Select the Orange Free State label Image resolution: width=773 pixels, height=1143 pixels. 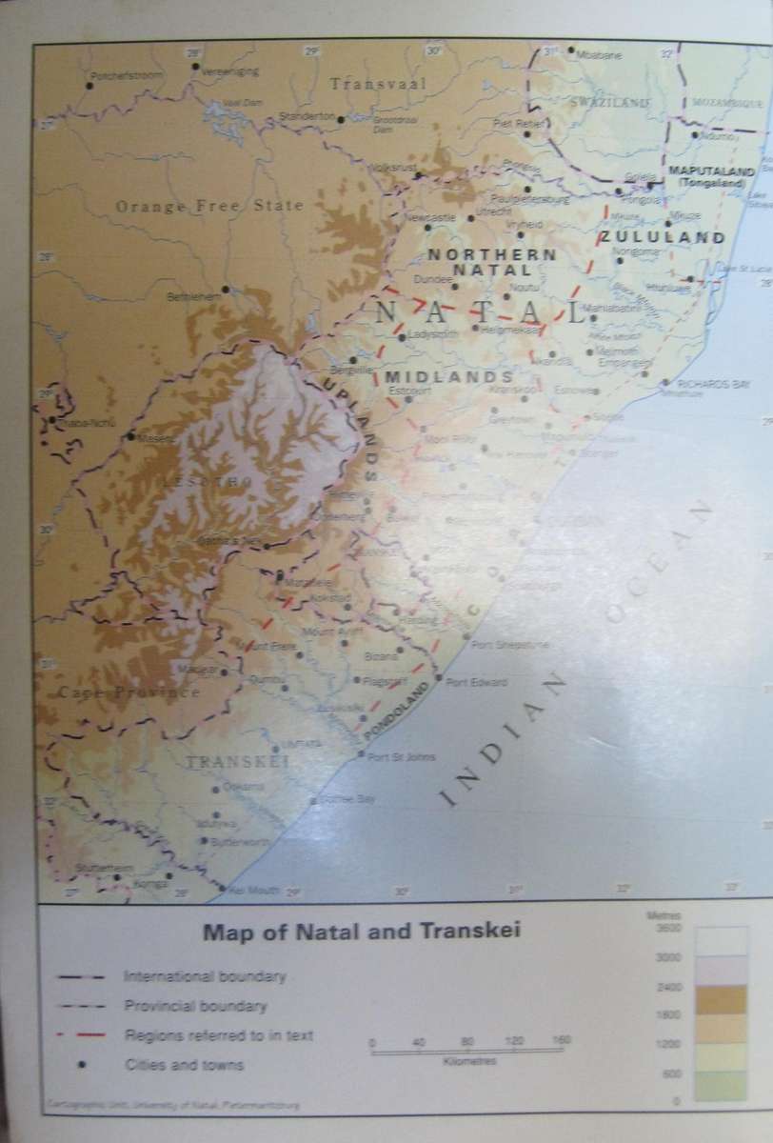[209, 205]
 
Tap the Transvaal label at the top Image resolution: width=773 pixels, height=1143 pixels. [379, 84]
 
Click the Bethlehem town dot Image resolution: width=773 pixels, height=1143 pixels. [226, 289]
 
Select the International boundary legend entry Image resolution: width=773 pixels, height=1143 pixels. [205, 976]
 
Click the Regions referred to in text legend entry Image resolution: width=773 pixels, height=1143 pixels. [218, 1034]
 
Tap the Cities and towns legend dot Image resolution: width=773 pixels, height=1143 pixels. [83, 1066]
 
